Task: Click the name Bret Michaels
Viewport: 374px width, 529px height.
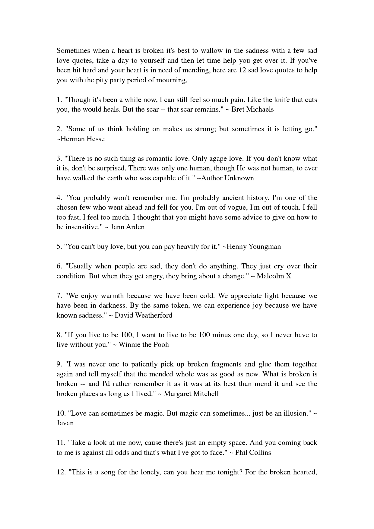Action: coord(252,109)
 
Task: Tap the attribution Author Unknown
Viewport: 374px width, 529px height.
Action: coord(227,178)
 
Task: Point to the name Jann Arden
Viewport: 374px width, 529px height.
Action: coord(128,227)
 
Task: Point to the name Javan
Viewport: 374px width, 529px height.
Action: coord(65,423)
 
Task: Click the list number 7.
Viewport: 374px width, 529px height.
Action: coord(59,296)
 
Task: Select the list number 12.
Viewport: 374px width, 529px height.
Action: coord(61,472)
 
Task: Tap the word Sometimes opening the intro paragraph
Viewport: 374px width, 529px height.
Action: coord(74,50)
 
